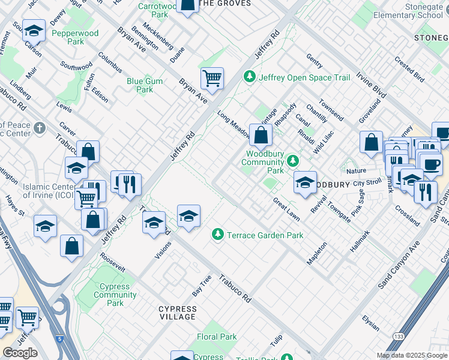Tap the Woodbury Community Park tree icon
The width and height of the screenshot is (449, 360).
[292, 161]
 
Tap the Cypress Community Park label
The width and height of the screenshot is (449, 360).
[115, 295]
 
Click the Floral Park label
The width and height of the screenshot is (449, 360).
[217, 337]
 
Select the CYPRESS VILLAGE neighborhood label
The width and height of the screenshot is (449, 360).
[177, 313]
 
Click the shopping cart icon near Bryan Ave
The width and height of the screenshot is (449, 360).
[212, 77]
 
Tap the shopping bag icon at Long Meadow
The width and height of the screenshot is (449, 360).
[261, 134]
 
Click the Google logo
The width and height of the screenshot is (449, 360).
[20, 353]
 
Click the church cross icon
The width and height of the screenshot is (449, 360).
[40, 128]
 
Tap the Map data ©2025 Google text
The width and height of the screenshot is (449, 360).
[412, 355]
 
